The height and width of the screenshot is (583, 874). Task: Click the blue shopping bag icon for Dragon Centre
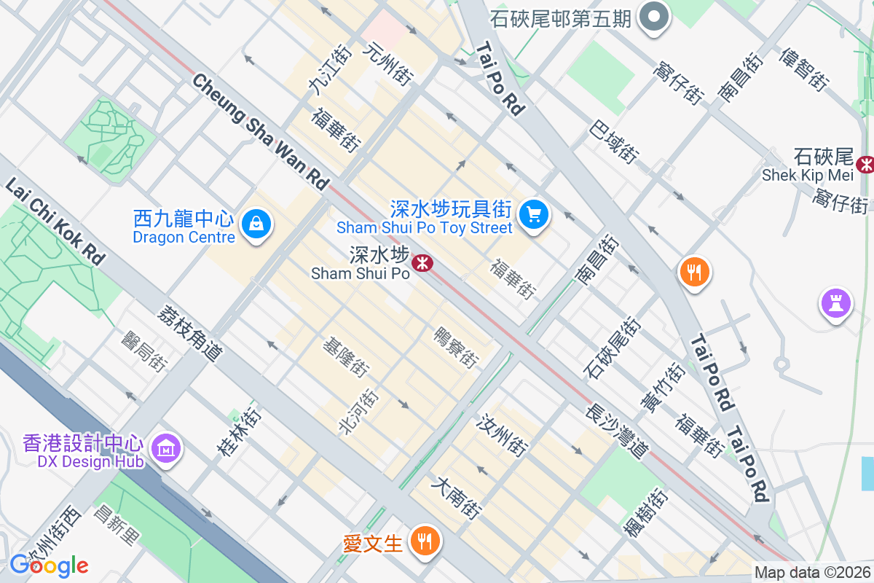[256, 224]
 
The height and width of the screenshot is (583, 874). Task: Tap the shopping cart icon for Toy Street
[534, 214]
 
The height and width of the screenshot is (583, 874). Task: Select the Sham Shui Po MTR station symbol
[422, 262]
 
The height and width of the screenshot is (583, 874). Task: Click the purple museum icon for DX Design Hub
[167, 448]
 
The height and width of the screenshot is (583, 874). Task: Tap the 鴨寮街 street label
[456, 348]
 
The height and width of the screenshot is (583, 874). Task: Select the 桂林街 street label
[239, 432]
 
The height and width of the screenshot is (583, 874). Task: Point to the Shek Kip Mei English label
[807, 175]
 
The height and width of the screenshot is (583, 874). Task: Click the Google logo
[49, 565]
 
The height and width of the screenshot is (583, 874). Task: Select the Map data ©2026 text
[812, 573]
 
